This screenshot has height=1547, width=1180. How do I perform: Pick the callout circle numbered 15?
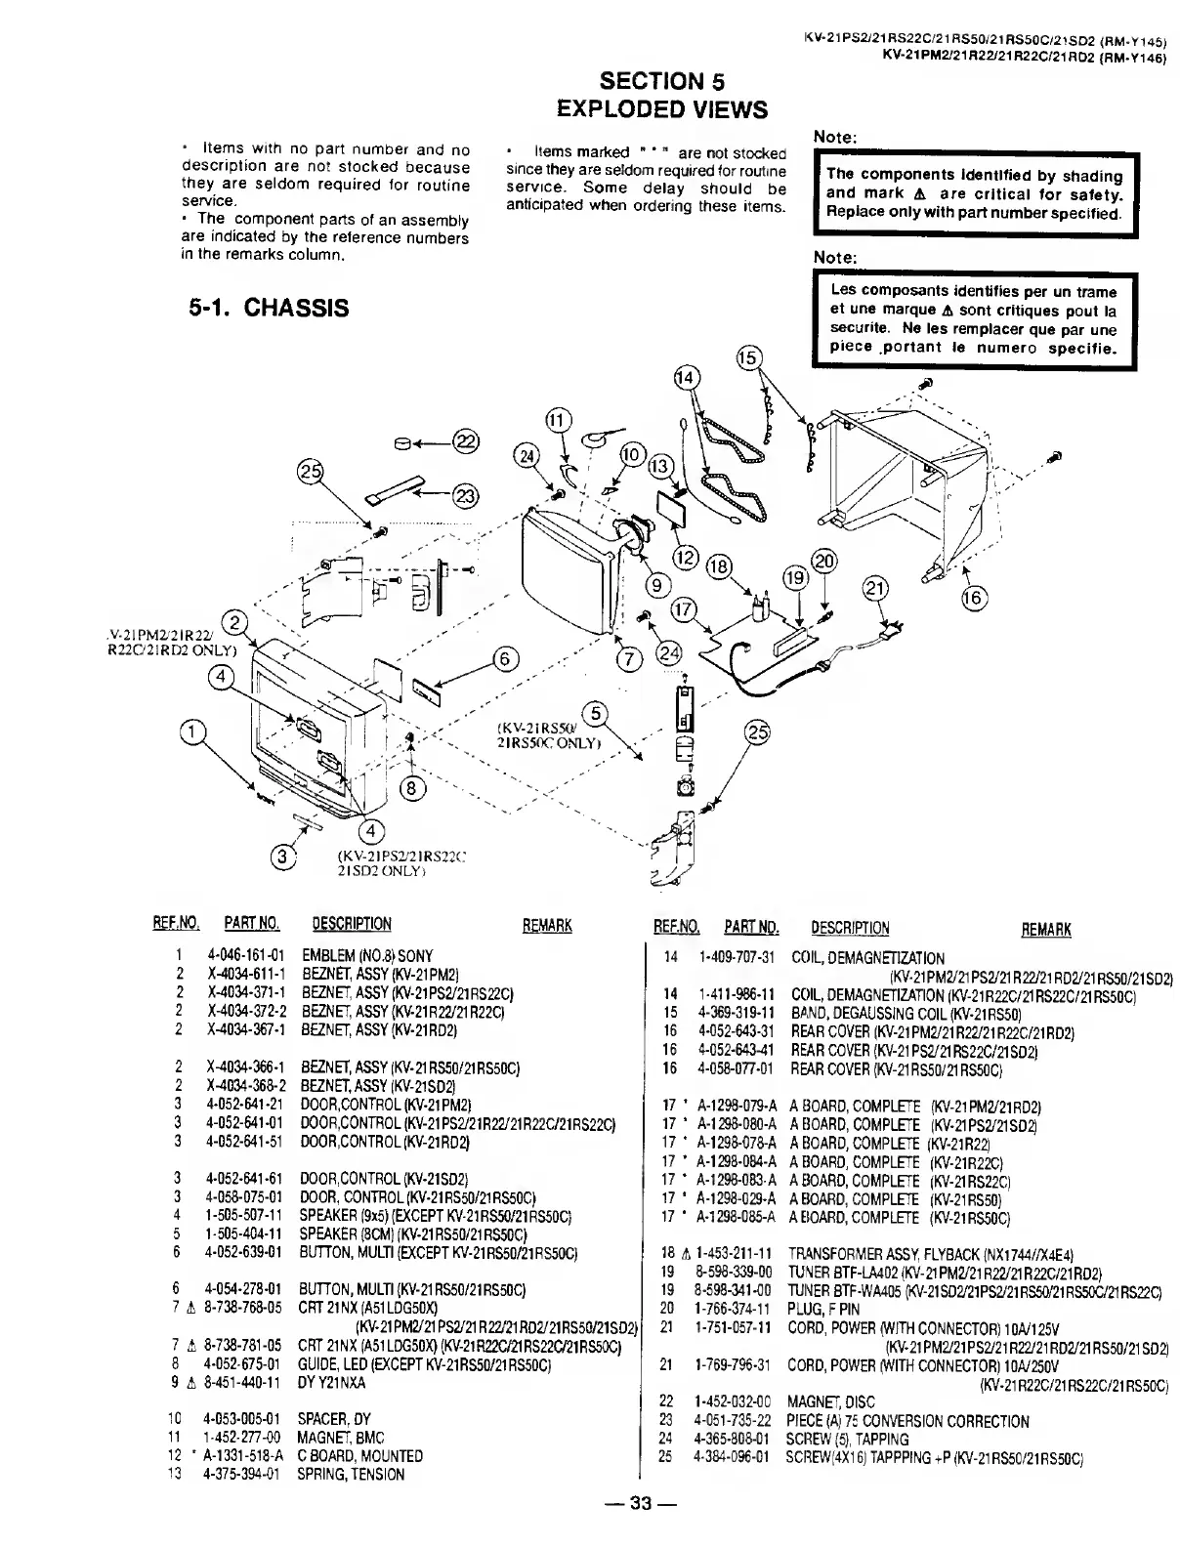click(x=747, y=358)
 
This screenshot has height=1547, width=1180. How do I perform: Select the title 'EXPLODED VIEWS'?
click(x=661, y=108)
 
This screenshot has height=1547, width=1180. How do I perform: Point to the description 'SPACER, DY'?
click(x=334, y=1419)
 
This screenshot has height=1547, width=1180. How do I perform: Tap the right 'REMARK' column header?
click(x=1046, y=929)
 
